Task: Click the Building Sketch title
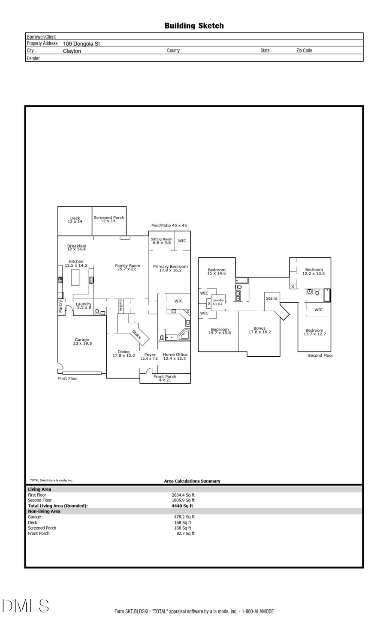pyautogui.click(x=194, y=26)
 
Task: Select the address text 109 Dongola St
pyautogui.click(x=81, y=44)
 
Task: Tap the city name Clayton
pyautogui.click(x=72, y=51)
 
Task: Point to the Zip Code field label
pyautogui.click(x=304, y=51)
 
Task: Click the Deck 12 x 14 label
pyautogui.click(x=75, y=220)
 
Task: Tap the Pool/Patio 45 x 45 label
pyautogui.click(x=169, y=225)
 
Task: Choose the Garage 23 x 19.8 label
pyautogui.click(x=81, y=341)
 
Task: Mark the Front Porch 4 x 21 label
pyautogui.click(x=165, y=378)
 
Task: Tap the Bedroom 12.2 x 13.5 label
pyautogui.click(x=314, y=271)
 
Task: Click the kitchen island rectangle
pyautogui.click(x=75, y=277)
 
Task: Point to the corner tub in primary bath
pyautogui.click(x=184, y=335)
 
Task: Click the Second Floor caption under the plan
pyautogui.click(x=320, y=355)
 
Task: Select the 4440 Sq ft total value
pyautogui.click(x=182, y=506)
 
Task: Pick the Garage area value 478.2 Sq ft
pyautogui.click(x=184, y=517)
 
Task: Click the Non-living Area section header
pyautogui.click(x=44, y=511)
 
